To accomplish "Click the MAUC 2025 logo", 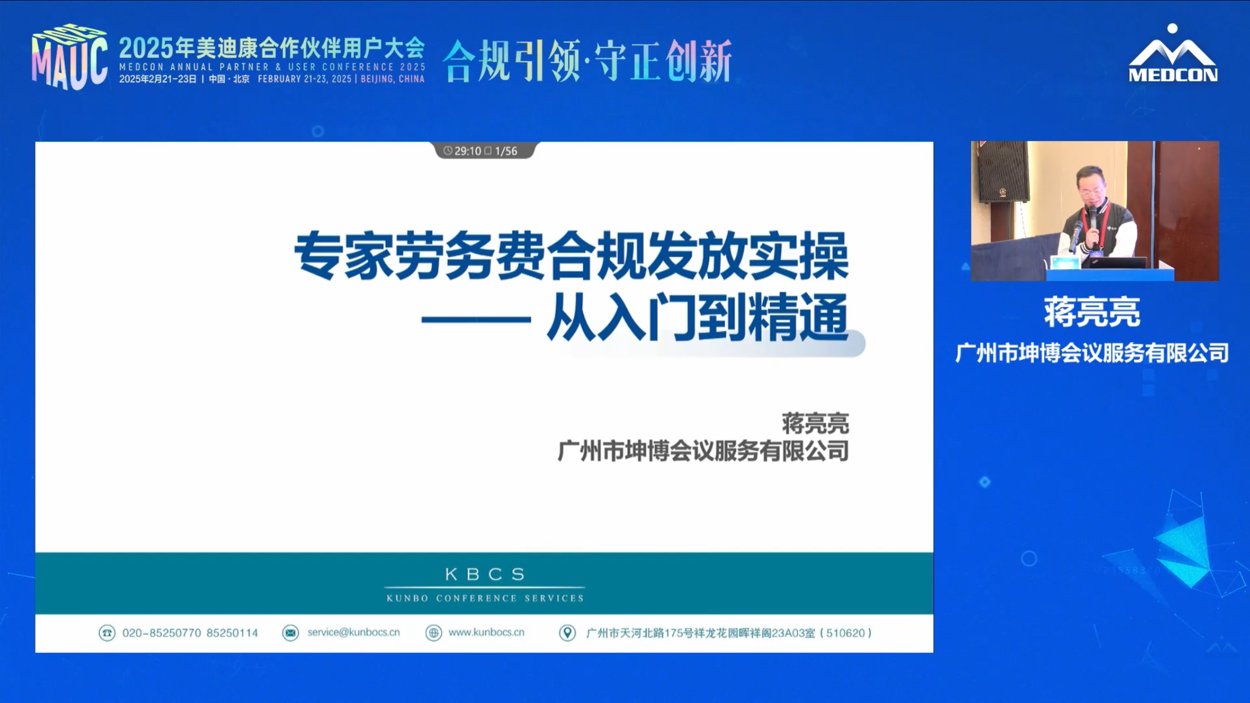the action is (69, 57).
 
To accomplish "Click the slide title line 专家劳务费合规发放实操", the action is (571, 257).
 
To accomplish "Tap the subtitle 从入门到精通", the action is (698, 318).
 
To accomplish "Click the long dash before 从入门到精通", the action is (476, 320).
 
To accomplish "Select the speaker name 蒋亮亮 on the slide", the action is (815, 424).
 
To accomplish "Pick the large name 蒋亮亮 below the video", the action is (1092, 312).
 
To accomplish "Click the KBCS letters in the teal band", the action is (485, 574).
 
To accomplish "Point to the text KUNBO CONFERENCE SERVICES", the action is (485, 599).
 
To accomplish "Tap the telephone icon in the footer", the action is (107, 633).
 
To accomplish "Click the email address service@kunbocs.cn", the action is (354, 633).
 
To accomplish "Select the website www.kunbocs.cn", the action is (487, 633).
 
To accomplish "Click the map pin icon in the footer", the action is (567, 633).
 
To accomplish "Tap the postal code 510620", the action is (846, 633).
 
